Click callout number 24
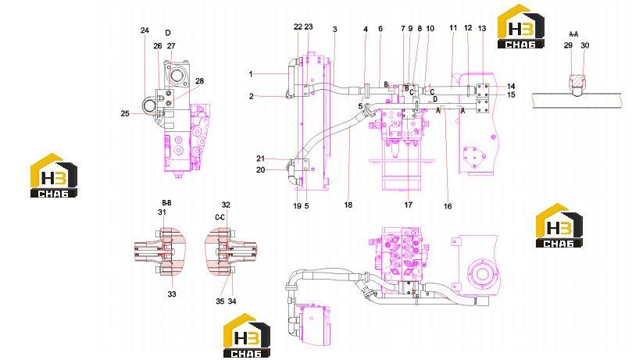(x=145, y=30)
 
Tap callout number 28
(x=199, y=81)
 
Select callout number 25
(x=125, y=113)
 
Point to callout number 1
(x=251, y=74)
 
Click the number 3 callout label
(x=334, y=30)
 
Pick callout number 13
(x=482, y=28)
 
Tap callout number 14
(x=511, y=86)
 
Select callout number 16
(x=448, y=206)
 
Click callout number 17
(x=409, y=205)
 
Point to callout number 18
(x=348, y=205)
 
